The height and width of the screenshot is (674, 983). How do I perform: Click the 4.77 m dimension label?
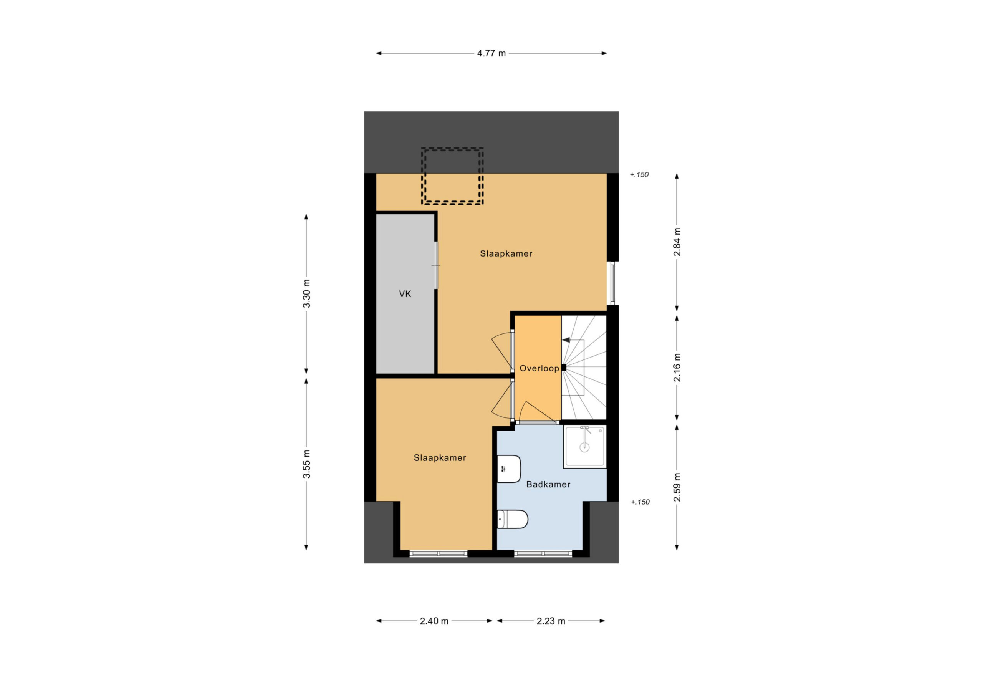tap(491, 53)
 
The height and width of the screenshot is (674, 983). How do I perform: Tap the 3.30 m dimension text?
tap(307, 294)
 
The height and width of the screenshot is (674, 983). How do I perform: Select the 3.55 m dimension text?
tap(307, 464)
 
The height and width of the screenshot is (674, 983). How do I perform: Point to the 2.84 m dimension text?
tap(677, 242)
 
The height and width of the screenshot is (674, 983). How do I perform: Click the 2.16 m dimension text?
tap(677, 367)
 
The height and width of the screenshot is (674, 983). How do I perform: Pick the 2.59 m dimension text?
tap(677, 487)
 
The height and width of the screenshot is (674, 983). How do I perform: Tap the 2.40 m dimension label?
tap(434, 621)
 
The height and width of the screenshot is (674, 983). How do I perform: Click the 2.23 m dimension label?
tap(551, 621)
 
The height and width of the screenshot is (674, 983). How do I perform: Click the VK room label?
tap(405, 294)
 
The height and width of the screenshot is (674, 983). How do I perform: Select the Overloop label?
tap(539, 369)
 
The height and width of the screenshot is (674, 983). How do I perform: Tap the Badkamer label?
tap(548, 484)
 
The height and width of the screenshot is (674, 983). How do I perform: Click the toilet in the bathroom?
tap(512, 519)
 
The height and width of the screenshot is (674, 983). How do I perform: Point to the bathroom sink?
tap(508, 469)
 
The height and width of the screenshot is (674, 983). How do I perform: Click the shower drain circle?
tap(584, 448)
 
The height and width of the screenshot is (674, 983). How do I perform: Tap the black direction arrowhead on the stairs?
tap(566, 340)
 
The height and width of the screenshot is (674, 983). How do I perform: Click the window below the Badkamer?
tap(543, 553)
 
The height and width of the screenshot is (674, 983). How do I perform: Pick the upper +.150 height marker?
tap(639, 174)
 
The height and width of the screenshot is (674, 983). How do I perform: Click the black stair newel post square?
tap(563, 368)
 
